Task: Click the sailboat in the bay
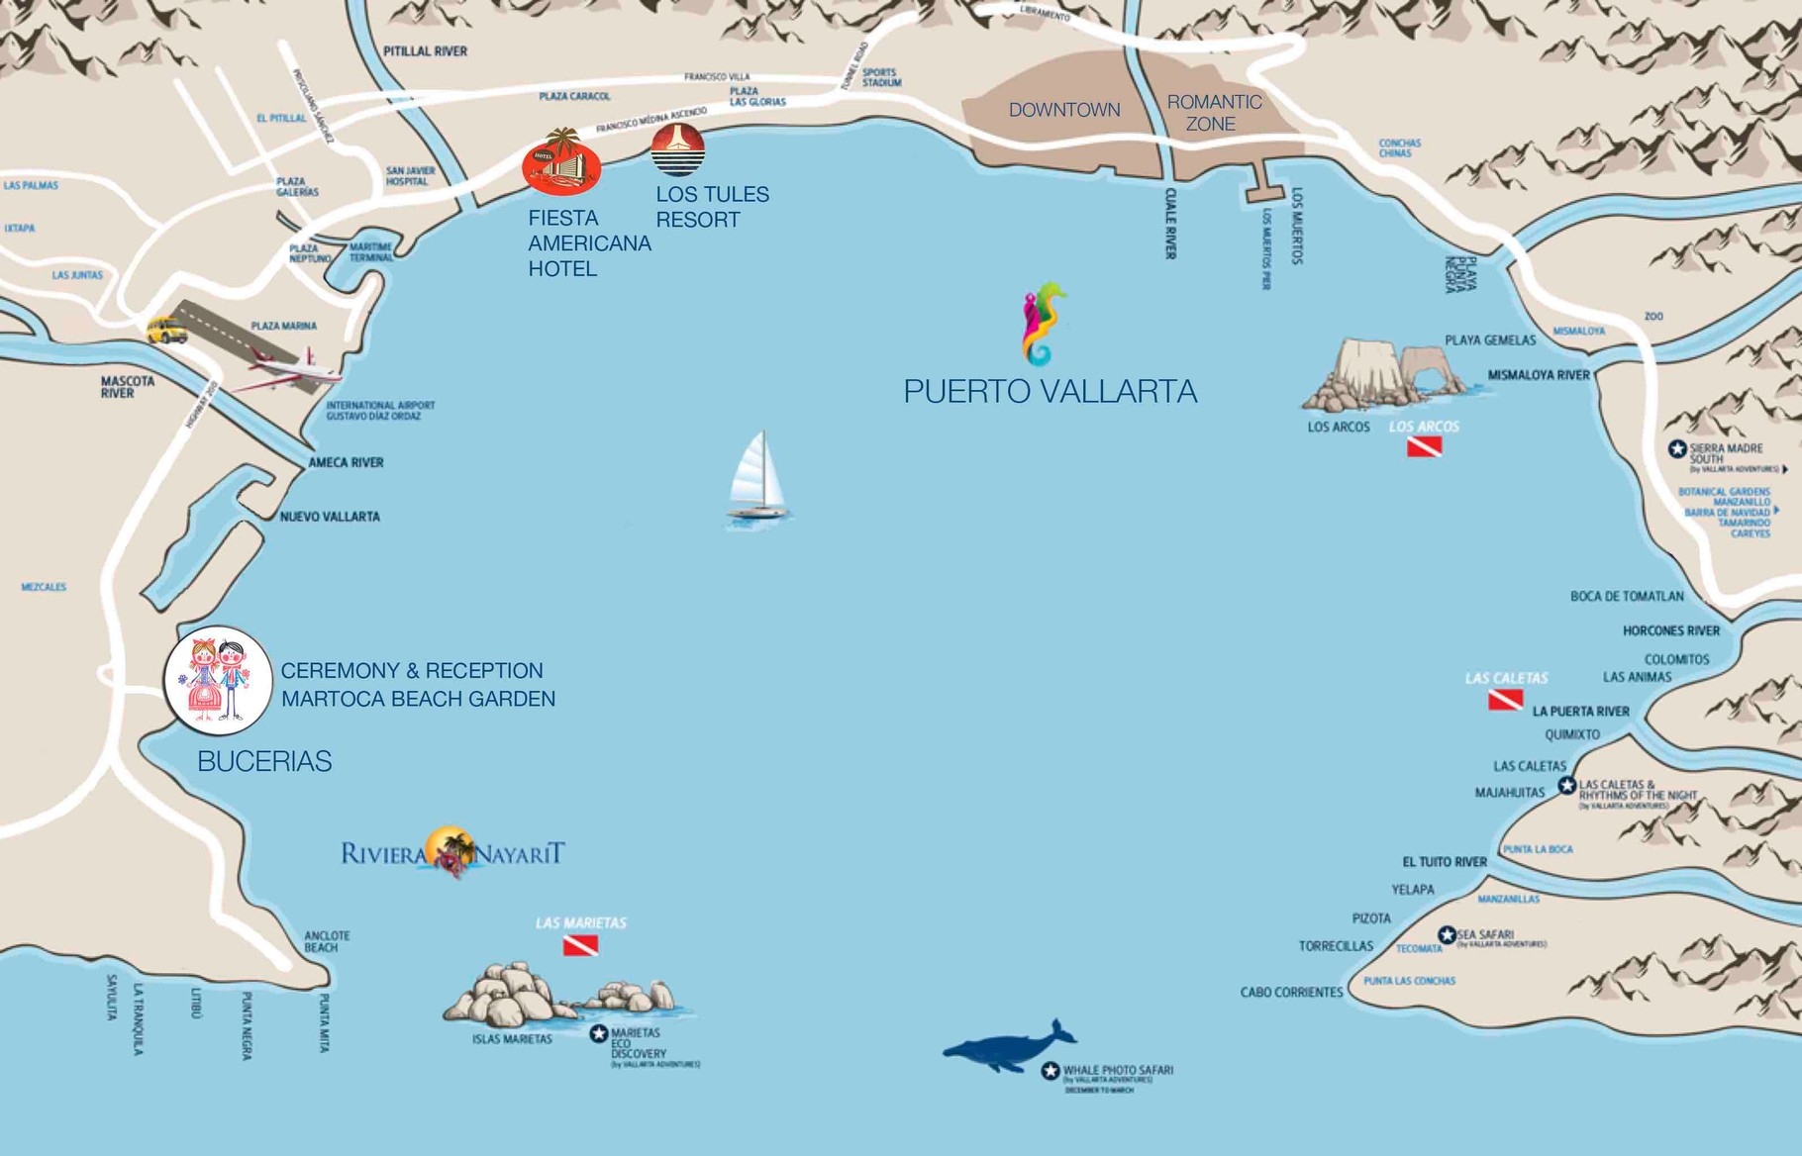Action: [x=758, y=477]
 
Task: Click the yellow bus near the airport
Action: [x=166, y=330]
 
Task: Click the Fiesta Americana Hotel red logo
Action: [x=561, y=163]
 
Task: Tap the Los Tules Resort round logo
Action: [x=678, y=149]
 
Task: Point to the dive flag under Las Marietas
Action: [x=580, y=946]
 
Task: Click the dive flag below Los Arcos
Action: [x=1424, y=446]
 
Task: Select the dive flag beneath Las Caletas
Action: [x=1505, y=701]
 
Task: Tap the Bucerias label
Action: [x=264, y=761]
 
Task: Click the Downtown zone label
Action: [x=1064, y=110]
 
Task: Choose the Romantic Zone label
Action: [x=1214, y=113]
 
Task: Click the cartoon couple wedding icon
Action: [x=218, y=680]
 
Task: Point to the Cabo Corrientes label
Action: [x=1291, y=992]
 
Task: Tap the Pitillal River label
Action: [x=425, y=50]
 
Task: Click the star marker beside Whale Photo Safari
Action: [x=1051, y=1071]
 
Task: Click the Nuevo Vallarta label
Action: [x=330, y=517]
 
